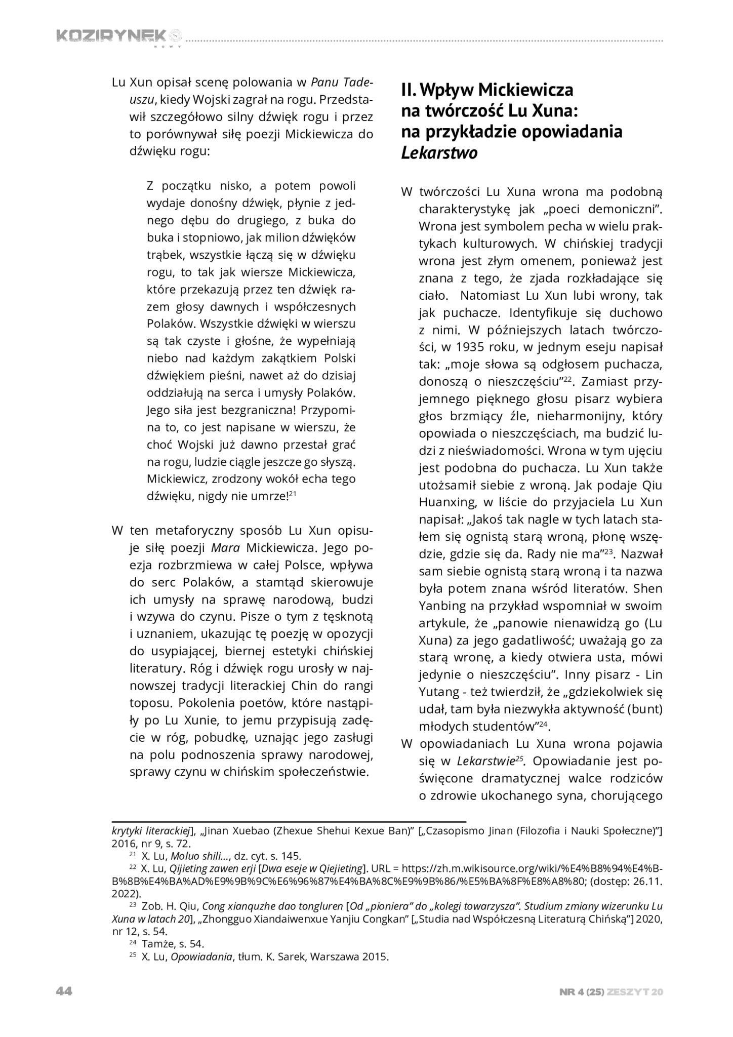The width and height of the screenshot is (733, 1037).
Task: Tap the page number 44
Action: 64,991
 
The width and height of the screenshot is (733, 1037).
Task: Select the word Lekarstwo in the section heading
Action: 439,152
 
